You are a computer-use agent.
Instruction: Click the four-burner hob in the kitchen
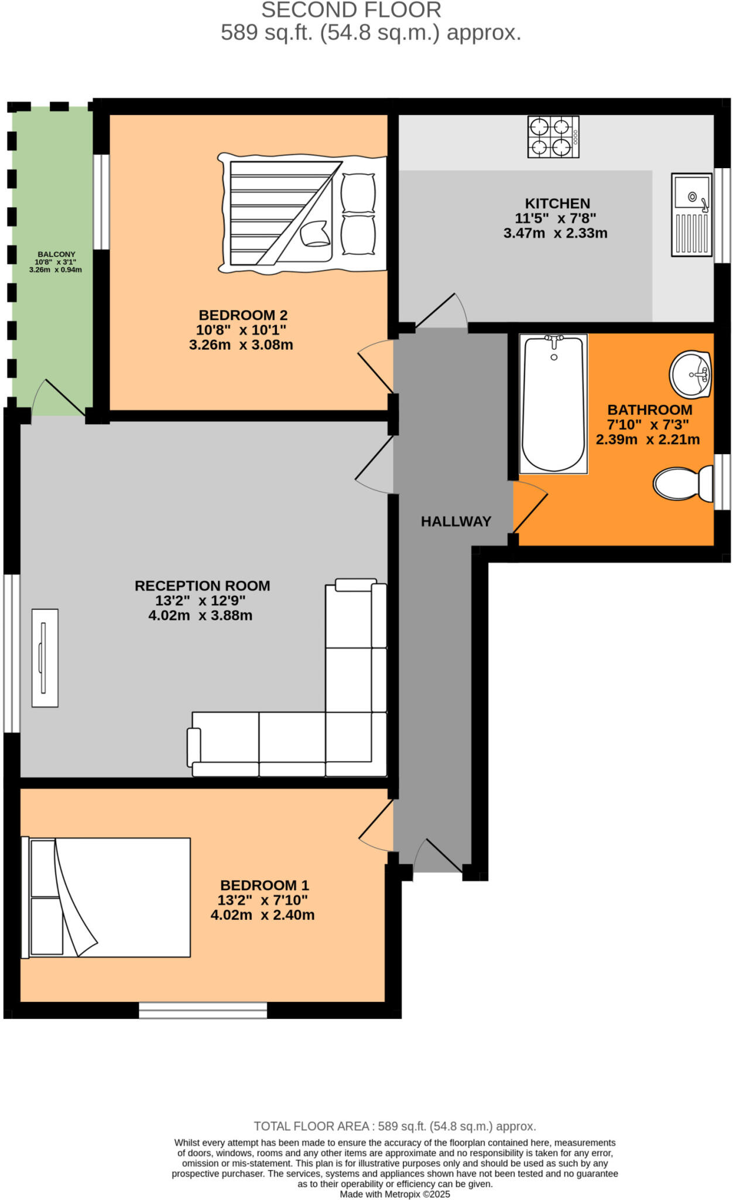coord(553,137)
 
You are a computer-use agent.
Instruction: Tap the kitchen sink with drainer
coord(691,214)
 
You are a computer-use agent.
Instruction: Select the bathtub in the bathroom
coord(553,404)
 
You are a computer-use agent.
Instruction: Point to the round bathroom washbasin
coord(690,374)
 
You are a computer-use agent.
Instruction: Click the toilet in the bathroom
coord(682,483)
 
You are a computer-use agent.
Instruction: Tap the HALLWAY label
coord(455,521)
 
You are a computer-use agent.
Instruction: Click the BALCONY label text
coord(56,254)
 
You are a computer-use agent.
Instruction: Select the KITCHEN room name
coord(557,203)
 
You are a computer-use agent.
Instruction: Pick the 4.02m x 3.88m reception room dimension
coord(200,615)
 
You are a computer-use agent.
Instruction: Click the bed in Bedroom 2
coord(302,214)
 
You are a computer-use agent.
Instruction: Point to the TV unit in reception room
coord(45,657)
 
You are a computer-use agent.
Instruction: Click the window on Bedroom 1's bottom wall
coord(203,1010)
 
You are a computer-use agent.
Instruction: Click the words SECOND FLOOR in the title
coord(351,10)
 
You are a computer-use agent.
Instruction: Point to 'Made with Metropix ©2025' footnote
coord(395,1194)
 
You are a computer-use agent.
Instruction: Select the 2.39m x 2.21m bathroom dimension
coord(648,439)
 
